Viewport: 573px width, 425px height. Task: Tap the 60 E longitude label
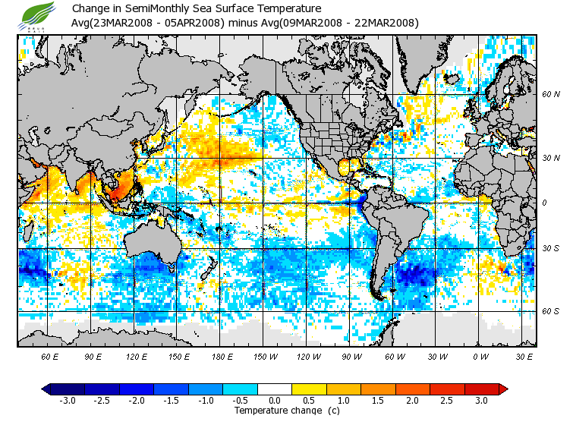49,357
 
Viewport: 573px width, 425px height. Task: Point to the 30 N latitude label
551,158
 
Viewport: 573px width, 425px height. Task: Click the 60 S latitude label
551,311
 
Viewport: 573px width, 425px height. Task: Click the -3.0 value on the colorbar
67,400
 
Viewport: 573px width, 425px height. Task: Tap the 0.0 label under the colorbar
275,400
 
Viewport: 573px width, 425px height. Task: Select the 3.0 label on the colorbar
481,400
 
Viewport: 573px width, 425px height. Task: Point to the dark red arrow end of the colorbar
503,389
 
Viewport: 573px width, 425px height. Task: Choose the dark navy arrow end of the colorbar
46,389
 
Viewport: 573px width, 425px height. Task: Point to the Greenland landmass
422,61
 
